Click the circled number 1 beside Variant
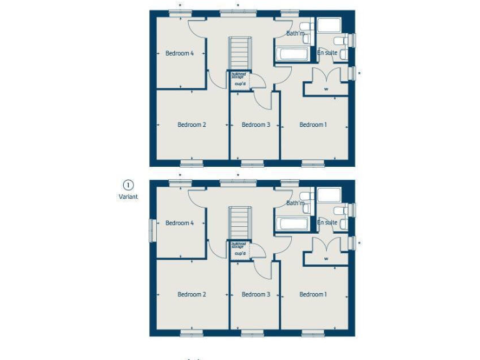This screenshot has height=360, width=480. pyautogui.click(x=127, y=185)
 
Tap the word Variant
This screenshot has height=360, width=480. pyautogui.click(x=127, y=196)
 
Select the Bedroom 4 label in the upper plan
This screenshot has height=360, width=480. pyautogui.click(x=179, y=53)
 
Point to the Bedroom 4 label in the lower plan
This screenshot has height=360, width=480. pyautogui.click(x=179, y=223)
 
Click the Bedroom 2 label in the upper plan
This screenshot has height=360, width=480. pyautogui.click(x=191, y=125)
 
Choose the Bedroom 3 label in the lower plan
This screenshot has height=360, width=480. pyautogui.click(x=256, y=294)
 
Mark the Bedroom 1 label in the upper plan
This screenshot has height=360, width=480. pyautogui.click(x=312, y=125)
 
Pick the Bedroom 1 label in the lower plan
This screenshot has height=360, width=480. pyautogui.click(x=312, y=294)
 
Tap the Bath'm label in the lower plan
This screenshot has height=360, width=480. pyautogui.click(x=295, y=203)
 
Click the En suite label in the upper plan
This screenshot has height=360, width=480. pyautogui.click(x=327, y=53)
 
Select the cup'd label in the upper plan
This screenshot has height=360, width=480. pyautogui.click(x=239, y=84)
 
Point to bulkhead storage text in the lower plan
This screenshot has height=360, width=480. pyautogui.click(x=237, y=246)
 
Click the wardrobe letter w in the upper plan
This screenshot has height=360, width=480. pyautogui.click(x=326, y=89)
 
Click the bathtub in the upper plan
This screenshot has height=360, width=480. pyautogui.click(x=292, y=54)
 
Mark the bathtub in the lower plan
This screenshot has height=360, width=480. pyautogui.click(x=292, y=224)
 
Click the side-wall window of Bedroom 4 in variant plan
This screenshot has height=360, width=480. pyautogui.click(x=151, y=229)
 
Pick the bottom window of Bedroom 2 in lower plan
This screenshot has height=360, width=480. pyautogui.click(x=192, y=333)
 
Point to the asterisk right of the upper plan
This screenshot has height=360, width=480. pyautogui.click(x=359, y=74)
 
